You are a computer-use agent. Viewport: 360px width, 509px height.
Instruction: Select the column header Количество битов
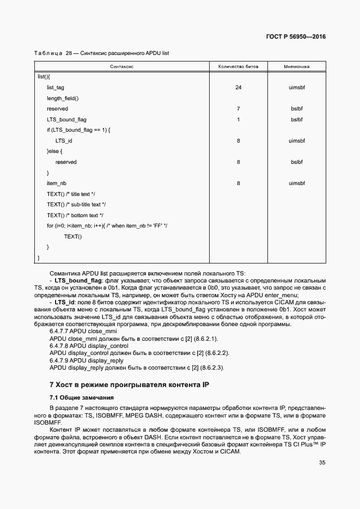click(x=238, y=66)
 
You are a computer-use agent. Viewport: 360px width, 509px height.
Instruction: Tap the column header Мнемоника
click(x=296, y=66)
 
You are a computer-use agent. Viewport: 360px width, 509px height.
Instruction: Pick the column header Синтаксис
click(x=121, y=66)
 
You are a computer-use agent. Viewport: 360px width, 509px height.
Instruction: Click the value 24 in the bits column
click(x=238, y=88)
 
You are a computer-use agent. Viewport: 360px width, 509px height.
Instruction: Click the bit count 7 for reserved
click(x=238, y=109)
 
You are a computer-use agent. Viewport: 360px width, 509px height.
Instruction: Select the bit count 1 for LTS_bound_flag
click(x=238, y=119)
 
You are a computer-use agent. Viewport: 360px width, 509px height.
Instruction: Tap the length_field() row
click(x=63, y=98)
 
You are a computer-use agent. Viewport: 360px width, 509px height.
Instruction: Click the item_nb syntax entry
click(x=57, y=183)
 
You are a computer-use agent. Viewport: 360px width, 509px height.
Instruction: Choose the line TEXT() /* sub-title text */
click(x=76, y=205)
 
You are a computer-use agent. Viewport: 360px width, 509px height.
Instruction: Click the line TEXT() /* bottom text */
click(x=75, y=215)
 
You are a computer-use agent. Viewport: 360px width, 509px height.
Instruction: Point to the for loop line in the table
click(x=107, y=226)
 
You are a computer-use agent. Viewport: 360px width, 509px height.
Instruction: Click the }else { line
click(x=55, y=151)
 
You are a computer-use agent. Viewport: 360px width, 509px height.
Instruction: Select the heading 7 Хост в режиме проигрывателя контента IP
click(x=129, y=384)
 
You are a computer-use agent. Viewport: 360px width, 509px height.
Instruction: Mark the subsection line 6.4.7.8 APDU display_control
click(x=89, y=346)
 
